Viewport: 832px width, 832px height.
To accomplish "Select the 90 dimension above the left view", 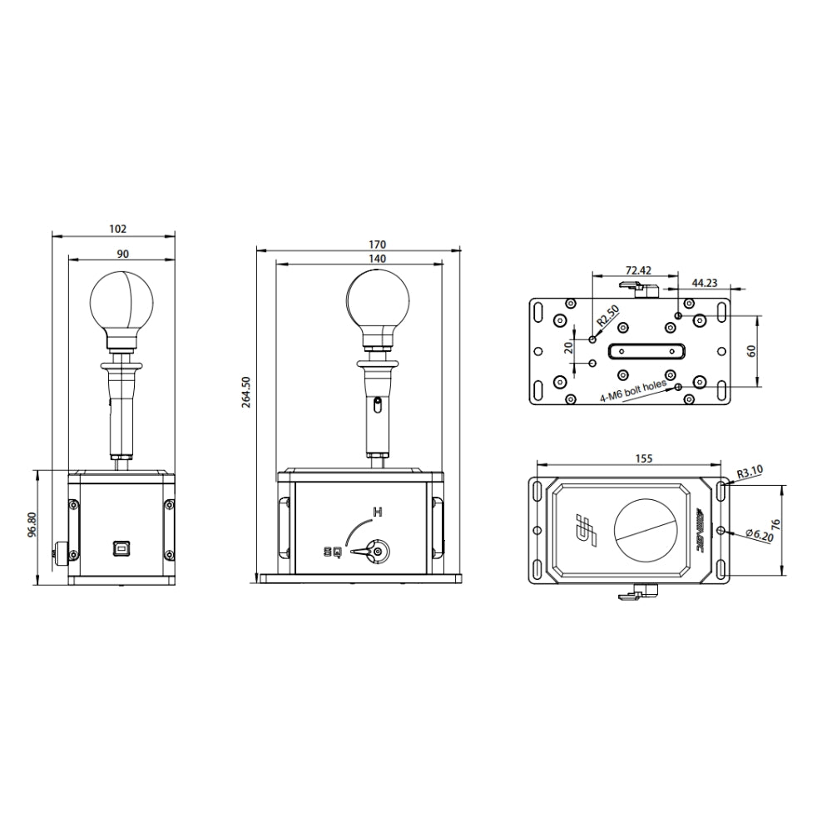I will point(122,254).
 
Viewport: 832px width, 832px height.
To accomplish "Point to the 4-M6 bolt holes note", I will point(633,391).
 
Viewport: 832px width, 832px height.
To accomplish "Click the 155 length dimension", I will point(643,458).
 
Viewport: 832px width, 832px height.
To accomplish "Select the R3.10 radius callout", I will point(750,472).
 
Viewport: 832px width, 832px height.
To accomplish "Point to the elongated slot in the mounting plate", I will point(645,351).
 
